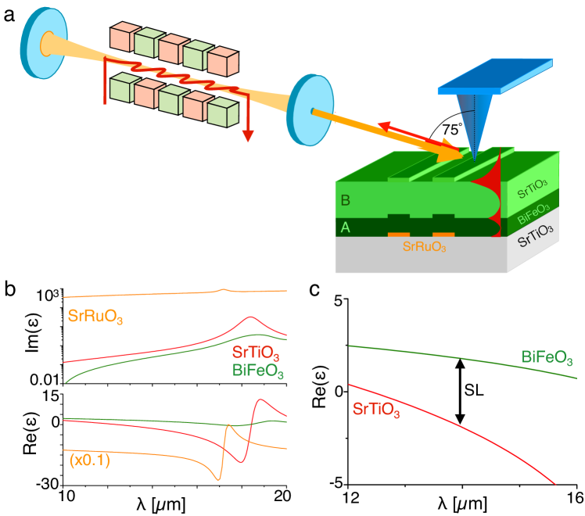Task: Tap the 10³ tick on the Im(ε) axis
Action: [45, 296]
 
